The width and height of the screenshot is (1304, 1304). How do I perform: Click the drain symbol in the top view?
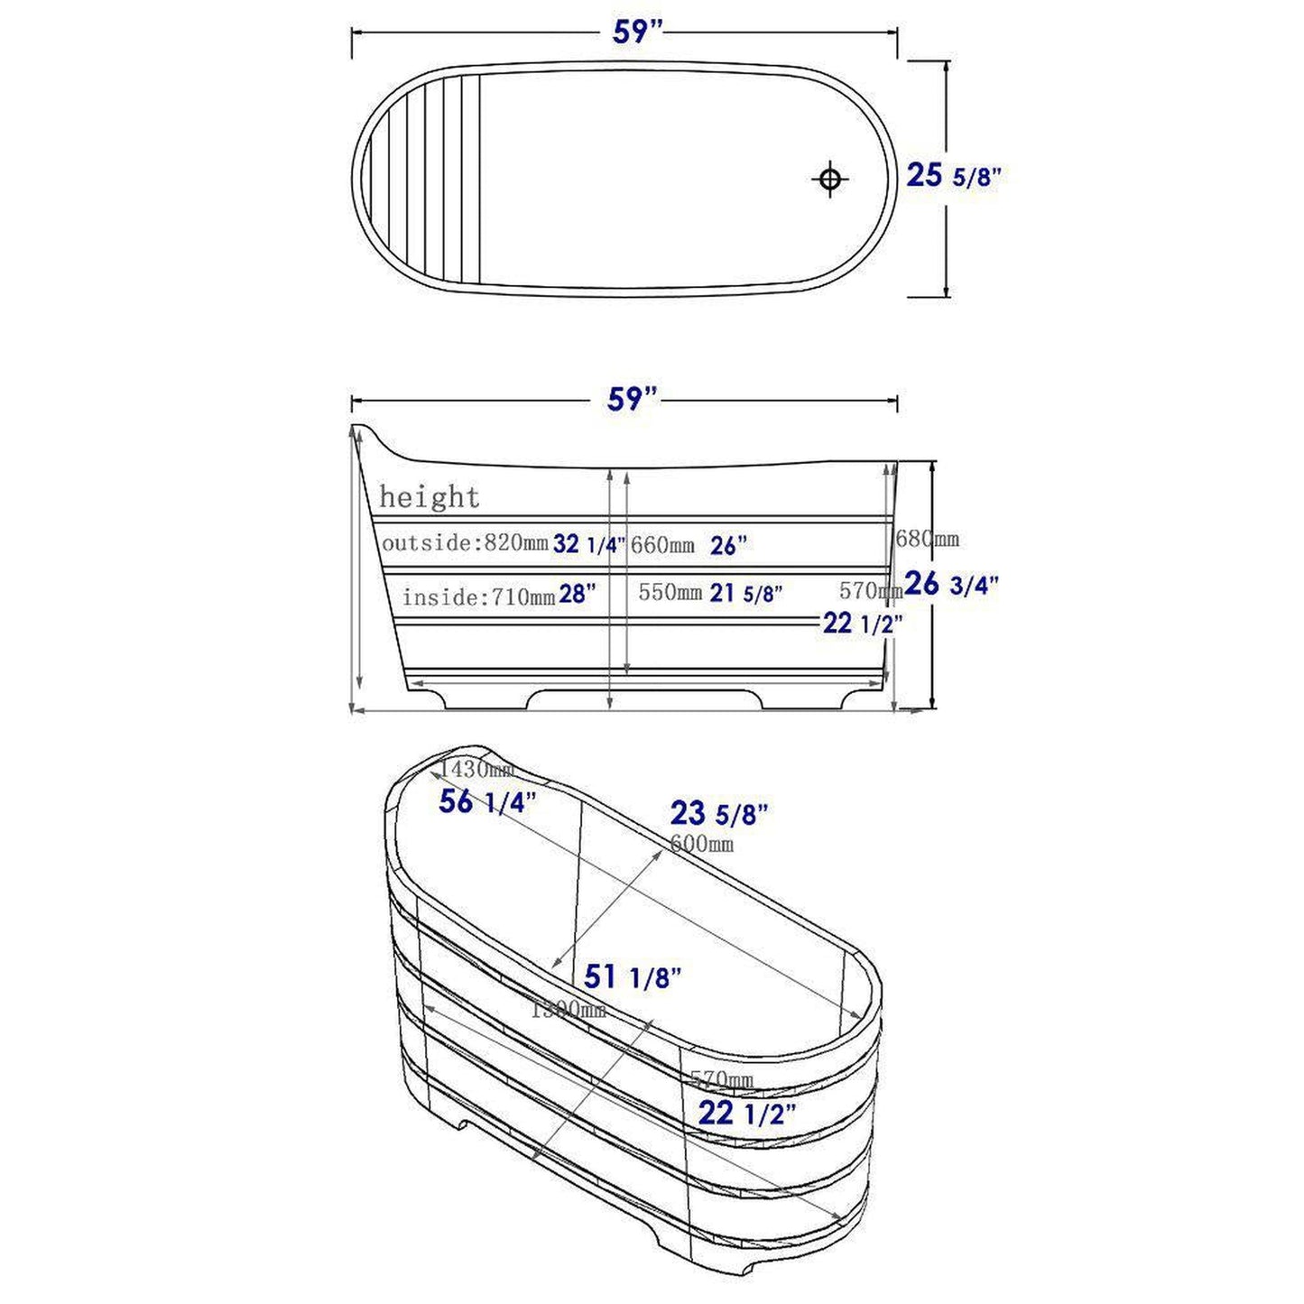[x=829, y=179]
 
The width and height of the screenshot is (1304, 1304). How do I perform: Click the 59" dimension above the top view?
[x=637, y=32]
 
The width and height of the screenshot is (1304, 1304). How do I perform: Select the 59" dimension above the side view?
[x=631, y=399]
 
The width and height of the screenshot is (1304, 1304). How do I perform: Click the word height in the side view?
[x=429, y=497]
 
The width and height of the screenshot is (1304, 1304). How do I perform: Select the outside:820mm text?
[x=464, y=543]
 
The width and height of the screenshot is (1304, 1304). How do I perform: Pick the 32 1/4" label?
[x=588, y=543]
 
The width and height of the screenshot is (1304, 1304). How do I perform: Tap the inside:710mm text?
[x=477, y=597]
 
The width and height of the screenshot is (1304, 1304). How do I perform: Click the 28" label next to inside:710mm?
[x=578, y=595]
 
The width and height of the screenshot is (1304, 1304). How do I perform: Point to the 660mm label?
[x=662, y=545]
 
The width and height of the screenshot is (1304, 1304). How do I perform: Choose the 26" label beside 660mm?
[x=728, y=545]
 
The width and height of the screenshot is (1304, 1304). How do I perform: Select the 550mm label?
[x=670, y=593]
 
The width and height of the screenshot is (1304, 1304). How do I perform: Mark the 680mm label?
[x=927, y=540]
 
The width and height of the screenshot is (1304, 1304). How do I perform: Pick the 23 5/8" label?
[x=718, y=814]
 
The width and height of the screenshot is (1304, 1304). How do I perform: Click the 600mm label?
[x=701, y=844]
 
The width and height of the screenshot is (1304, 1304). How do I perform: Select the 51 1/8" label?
[x=632, y=976]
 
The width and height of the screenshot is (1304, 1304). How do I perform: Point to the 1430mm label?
[x=476, y=770]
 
